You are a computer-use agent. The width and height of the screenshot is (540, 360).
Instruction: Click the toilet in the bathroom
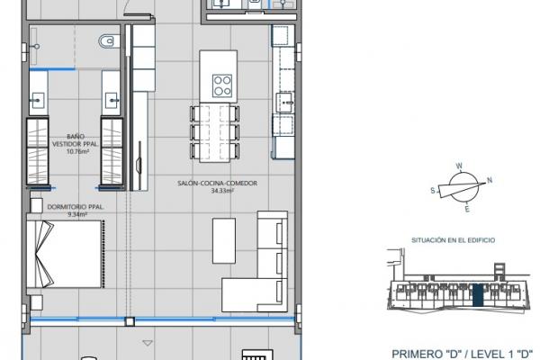click(x=109, y=41)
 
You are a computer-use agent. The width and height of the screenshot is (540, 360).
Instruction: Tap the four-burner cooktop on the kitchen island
click(x=222, y=85)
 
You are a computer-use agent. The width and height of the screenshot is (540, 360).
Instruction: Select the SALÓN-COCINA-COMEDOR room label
click(x=217, y=183)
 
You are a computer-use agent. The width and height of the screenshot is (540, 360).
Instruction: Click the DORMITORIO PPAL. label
click(x=76, y=207)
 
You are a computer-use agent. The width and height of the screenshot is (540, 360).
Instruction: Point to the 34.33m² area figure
click(x=222, y=191)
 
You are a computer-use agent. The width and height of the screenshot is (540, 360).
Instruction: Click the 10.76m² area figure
click(x=77, y=151)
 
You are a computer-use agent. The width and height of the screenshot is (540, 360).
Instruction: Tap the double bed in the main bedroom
click(x=65, y=254)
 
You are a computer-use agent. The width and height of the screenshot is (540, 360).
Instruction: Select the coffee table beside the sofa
click(x=224, y=240)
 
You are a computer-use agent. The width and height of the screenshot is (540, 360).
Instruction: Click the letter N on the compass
click(x=490, y=180)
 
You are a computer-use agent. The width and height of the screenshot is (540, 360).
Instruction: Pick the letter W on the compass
click(x=459, y=166)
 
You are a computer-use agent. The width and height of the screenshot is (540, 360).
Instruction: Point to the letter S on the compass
click(x=433, y=191)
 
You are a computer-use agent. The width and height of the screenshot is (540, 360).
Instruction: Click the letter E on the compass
click(x=467, y=209)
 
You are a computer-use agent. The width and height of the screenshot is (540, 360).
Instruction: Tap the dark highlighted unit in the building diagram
click(x=478, y=295)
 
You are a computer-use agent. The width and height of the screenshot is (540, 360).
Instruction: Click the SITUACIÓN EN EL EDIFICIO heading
click(x=454, y=240)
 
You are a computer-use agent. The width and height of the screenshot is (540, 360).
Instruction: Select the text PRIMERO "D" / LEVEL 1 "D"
click(x=463, y=354)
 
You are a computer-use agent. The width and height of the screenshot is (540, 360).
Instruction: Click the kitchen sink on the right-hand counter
click(x=285, y=103)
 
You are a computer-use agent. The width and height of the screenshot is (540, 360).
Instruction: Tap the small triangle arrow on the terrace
click(x=148, y=343)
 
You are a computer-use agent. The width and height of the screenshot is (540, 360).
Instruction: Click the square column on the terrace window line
click(x=130, y=321)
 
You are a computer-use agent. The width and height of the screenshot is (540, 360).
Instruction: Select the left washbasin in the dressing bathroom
click(x=37, y=100)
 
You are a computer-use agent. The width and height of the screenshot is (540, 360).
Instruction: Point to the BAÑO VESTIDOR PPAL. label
click(x=76, y=140)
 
